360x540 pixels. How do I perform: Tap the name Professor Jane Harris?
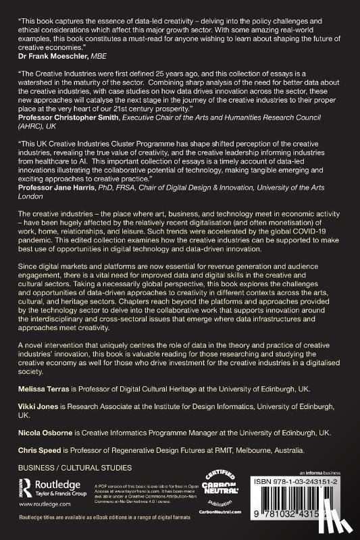pos(57,196)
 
